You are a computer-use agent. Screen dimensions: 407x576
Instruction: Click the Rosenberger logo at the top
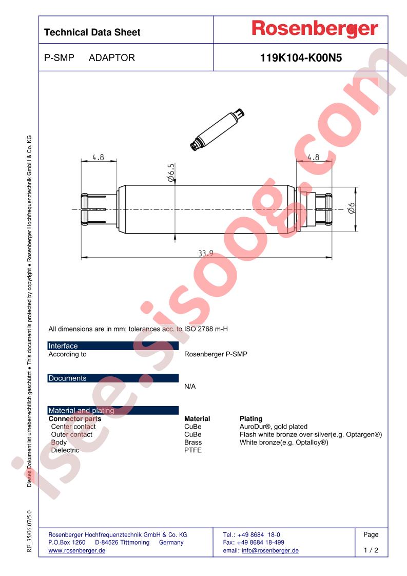coord(315,29)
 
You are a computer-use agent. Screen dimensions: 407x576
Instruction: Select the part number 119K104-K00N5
coord(301,57)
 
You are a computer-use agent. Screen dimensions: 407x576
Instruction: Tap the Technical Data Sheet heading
coord(92,32)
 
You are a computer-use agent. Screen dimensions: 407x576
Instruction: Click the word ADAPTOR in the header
coord(112,57)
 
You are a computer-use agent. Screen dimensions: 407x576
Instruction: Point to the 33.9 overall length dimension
coord(206,253)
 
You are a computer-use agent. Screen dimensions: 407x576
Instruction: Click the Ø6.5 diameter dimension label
coord(171,172)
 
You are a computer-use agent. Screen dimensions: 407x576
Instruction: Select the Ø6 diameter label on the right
coord(351,208)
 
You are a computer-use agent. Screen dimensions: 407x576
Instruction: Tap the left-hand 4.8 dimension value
coord(98,157)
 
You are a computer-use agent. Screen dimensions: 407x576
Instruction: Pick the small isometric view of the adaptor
coord(217,129)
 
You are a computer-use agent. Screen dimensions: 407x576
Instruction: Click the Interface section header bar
coord(113,345)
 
